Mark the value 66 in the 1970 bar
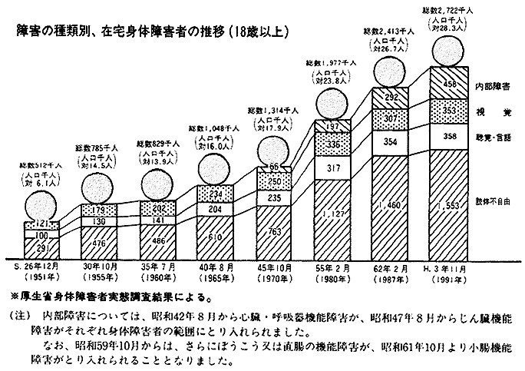pyautogui.click(x=274, y=166)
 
